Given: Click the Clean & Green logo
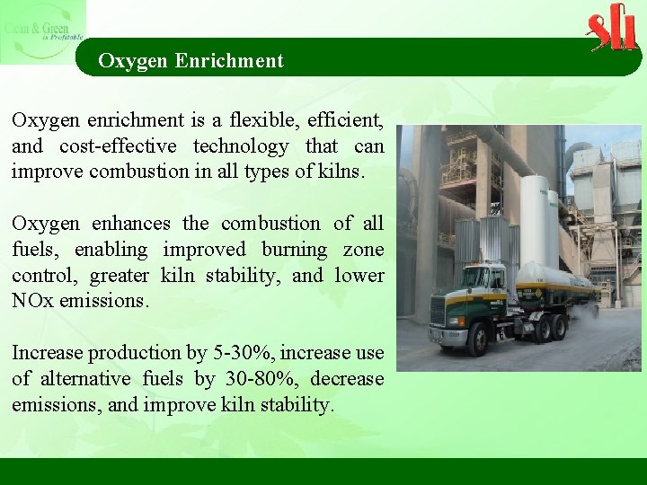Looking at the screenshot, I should pyautogui.click(x=43, y=32).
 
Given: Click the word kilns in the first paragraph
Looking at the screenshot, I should pyautogui.click(x=341, y=172).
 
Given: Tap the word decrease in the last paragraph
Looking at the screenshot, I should pyautogui.click(x=344, y=379).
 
